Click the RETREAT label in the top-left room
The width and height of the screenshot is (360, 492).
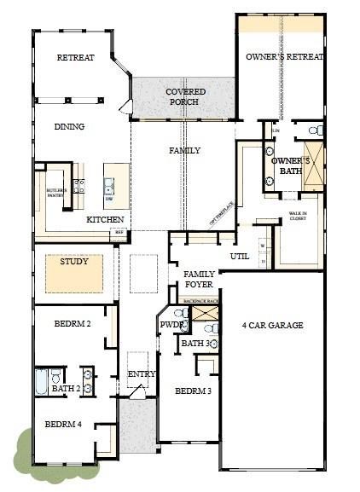tap(75, 58)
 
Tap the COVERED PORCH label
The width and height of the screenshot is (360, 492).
tap(183, 96)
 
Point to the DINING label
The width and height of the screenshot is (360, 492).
tap(70, 127)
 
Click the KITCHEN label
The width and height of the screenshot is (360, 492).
tap(105, 219)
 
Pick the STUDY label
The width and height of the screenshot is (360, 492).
tap(73, 262)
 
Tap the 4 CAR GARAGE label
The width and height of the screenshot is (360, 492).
tap(272, 325)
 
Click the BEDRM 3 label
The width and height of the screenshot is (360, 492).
tap(193, 391)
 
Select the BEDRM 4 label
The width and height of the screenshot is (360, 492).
tap(63, 424)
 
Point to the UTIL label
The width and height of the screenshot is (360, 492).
tap(240, 256)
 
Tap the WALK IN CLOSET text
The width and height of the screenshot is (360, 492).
tap(298, 217)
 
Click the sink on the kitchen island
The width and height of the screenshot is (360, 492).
tap(109, 184)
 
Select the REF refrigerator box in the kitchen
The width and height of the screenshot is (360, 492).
tap(119, 232)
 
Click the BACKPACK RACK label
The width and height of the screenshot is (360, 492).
tap(200, 301)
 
